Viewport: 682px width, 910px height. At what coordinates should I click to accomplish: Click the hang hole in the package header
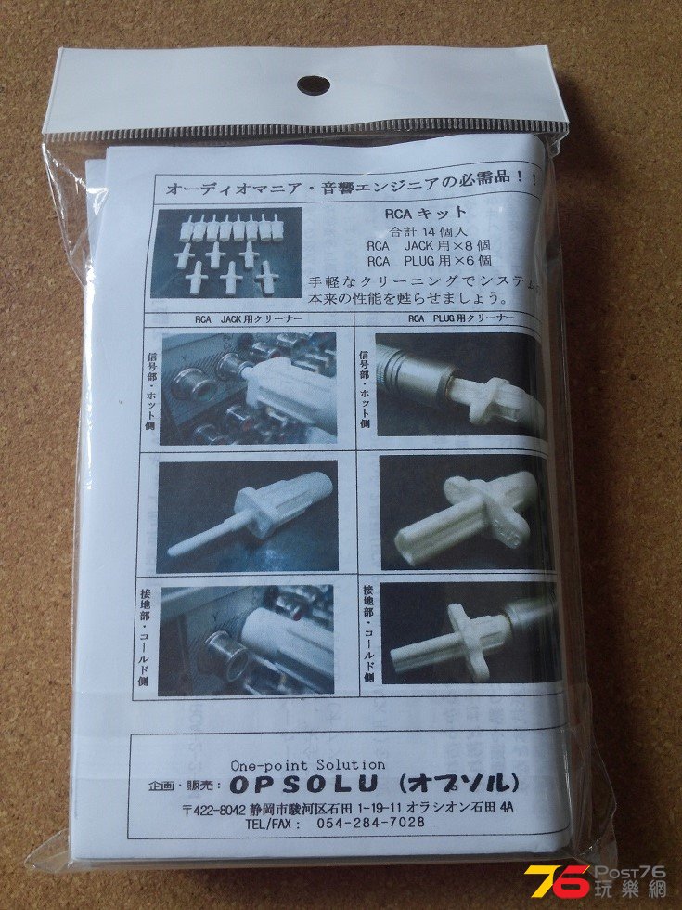[x=313, y=85]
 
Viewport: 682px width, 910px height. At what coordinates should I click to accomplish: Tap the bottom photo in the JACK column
[x=248, y=639]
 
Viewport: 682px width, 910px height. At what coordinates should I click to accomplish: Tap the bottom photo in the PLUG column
[x=468, y=632]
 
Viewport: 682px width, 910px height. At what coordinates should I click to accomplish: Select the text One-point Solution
[x=290, y=763]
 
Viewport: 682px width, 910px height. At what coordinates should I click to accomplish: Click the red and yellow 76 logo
[x=557, y=880]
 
